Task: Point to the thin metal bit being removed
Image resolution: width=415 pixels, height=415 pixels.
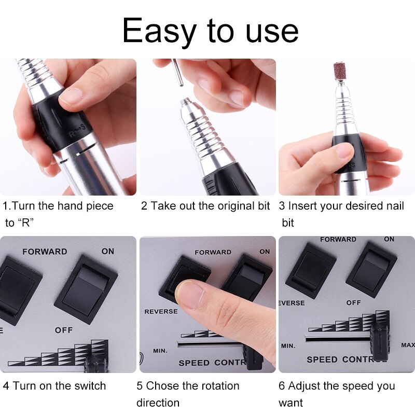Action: [177, 73]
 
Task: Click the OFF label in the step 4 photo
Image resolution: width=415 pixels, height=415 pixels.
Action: [64, 330]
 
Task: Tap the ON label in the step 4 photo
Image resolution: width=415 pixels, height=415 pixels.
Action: [107, 251]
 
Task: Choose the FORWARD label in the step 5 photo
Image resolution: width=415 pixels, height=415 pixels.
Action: [213, 252]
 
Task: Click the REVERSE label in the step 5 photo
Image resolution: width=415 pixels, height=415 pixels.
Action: [161, 312]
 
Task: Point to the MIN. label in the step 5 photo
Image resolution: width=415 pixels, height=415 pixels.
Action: [160, 351]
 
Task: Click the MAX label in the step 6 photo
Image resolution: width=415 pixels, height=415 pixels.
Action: [408, 345]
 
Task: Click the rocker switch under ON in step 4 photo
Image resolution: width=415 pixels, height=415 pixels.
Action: [86, 288]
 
